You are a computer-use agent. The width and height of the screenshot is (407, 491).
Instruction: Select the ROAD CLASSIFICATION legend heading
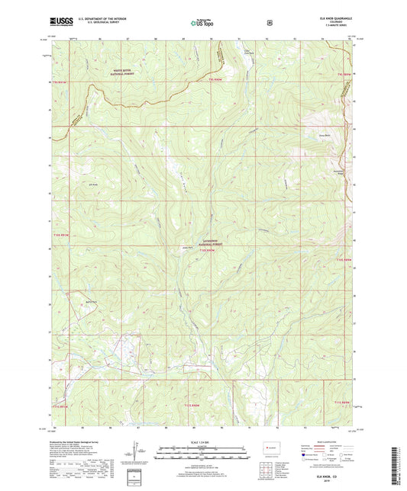click(325, 439)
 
